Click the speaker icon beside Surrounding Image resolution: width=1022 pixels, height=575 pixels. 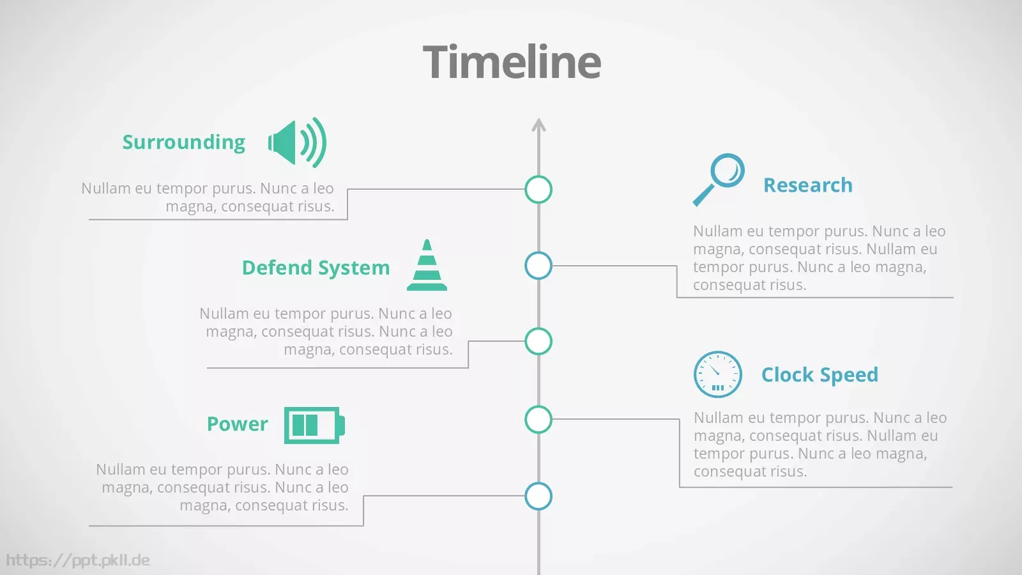[297, 142]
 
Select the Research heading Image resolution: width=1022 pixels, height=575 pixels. [808, 185]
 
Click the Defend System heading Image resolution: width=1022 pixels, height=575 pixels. [316, 268]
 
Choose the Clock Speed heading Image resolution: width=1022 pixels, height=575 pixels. [820, 375]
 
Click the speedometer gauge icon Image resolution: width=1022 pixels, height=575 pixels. [718, 374]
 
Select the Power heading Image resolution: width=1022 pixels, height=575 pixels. [237, 424]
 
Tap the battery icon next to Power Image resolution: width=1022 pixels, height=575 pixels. [314, 425]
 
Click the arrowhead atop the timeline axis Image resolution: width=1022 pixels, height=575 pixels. [539, 125]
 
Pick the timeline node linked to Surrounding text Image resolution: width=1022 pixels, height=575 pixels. [538, 189]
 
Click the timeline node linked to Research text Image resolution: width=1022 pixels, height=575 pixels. [538, 266]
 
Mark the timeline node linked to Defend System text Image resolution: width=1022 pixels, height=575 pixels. [538, 341]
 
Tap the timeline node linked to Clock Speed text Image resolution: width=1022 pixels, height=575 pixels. [538, 419]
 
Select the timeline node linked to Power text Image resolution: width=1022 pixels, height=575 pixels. [538, 496]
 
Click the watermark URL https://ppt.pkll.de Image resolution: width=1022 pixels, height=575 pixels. [78, 560]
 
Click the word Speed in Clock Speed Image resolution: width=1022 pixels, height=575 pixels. [849, 375]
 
